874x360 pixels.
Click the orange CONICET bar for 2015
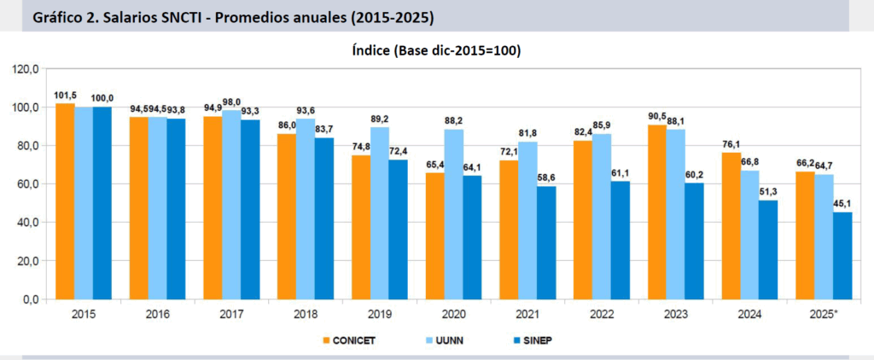[65, 201]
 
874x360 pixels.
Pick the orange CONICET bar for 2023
[657, 212]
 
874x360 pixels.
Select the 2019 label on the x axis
[379, 315]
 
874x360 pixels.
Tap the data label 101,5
[66, 96]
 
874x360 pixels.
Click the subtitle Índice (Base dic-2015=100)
[436, 50]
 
